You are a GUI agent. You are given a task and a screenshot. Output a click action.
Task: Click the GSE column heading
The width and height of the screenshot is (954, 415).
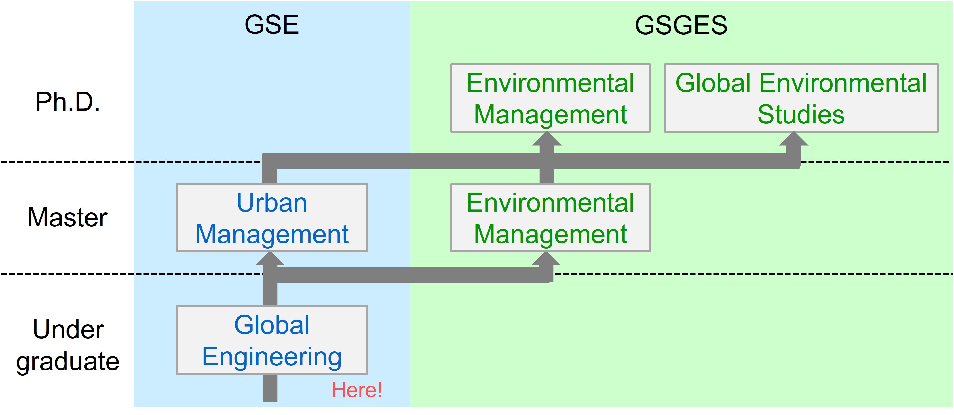coord(271,25)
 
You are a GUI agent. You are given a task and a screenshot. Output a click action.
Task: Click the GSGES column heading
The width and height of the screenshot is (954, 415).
coord(681,25)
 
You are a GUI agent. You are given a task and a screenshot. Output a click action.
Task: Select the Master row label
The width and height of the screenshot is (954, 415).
coord(67,217)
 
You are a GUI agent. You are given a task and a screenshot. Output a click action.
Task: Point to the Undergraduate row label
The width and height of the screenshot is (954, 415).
coord(68,345)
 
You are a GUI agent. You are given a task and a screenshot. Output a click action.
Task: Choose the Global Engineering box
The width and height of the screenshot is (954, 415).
coord(272,340)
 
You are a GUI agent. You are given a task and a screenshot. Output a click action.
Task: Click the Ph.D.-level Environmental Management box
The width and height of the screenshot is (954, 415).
coord(550,98)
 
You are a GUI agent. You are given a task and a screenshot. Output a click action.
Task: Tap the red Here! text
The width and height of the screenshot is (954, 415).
coord(356,390)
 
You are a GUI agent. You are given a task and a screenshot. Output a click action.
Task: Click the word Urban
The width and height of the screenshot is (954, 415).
coord(272,203)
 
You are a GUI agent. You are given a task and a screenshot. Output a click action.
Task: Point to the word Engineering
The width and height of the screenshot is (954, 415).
coord(272,357)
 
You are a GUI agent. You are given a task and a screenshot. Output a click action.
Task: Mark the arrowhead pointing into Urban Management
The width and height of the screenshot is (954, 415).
coord(270,259)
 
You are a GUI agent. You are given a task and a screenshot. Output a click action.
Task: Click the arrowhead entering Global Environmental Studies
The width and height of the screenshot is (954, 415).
coord(794,139)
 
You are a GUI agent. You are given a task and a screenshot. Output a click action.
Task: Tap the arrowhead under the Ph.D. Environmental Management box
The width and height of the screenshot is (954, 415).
coord(547,139)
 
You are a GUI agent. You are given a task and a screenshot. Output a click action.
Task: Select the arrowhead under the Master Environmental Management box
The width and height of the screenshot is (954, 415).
coord(546,259)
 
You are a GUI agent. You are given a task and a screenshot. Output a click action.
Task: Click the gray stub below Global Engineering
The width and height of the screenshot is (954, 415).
coord(270,388)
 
